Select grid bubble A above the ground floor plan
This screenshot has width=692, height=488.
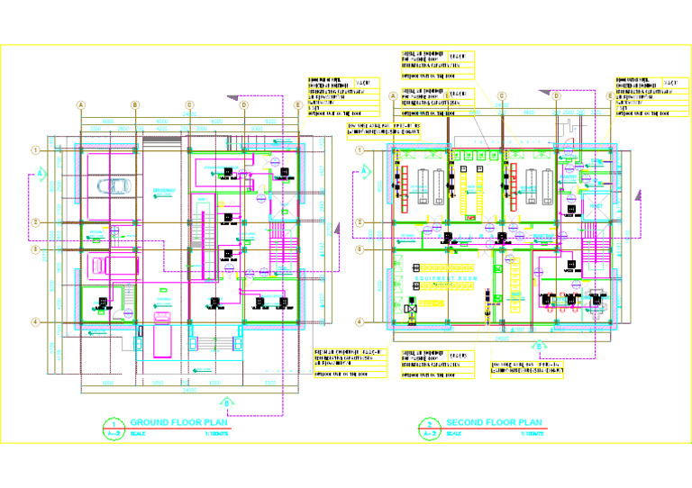coord(81,104)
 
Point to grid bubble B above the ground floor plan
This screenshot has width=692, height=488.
coord(135,104)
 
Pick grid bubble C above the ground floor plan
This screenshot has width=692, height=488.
coord(190,104)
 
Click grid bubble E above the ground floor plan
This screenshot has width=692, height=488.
coord(298,104)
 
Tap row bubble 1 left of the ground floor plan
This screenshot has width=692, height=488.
coord(35,149)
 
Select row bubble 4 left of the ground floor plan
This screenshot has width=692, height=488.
coord(35,322)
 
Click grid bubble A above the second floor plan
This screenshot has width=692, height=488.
coord(393,95)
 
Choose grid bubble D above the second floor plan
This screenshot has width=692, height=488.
coord(557,95)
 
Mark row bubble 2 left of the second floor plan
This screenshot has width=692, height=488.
coord(360,222)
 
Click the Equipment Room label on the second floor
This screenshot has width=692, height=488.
coord(439,280)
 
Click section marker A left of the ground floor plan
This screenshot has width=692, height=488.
coord(41,171)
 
